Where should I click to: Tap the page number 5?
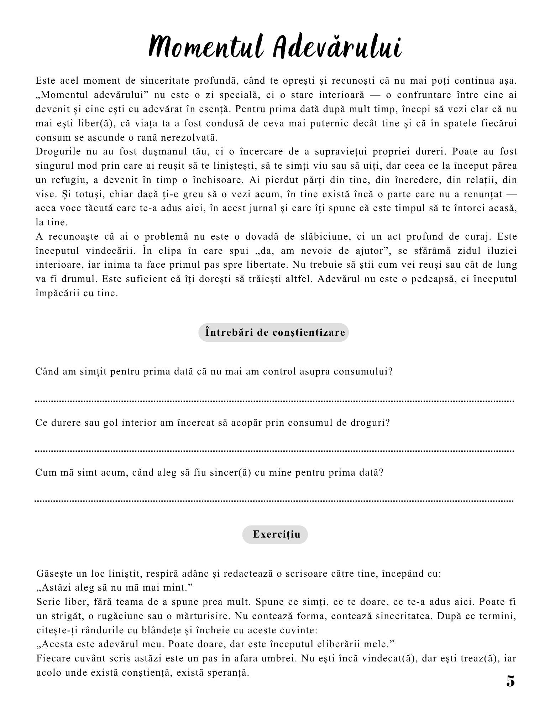click(x=510, y=681)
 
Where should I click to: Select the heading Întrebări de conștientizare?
click(x=273, y=333)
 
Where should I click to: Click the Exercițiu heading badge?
click(x=275, y=534)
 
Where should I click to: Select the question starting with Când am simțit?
click(x=214, y=372)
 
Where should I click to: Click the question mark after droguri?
click(x=388, y=423)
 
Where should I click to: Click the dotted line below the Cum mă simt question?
click(x=274, y=501)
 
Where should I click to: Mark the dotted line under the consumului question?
click(x=274, y=401)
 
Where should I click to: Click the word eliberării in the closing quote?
click(x=340, y=644)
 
